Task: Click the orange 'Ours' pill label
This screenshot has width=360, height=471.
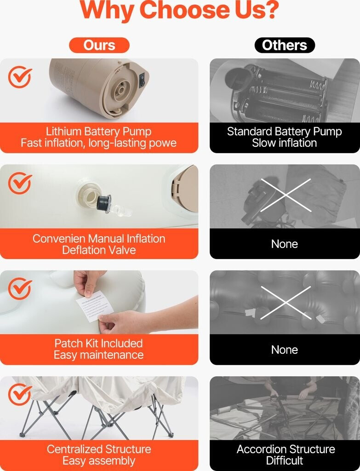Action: [x=99, y=45]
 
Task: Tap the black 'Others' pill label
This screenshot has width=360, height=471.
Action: [x=285, y=45]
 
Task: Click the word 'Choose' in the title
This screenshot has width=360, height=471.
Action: [x=185, y=10]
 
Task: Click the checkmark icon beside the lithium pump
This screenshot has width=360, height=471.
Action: [x=20, y=77]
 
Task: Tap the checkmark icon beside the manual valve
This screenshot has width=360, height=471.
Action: [x=20, y=183]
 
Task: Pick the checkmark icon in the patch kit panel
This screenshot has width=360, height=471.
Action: [x=20, y=289]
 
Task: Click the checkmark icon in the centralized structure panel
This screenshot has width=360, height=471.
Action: [x=20, y=395]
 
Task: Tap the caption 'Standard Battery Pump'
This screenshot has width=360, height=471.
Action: [x=284, y=132]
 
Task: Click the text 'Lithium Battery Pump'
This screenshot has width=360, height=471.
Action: [x=98, y=132]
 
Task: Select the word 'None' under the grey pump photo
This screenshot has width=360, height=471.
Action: [x=284, y=244]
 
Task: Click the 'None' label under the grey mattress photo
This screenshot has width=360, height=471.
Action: [x=284, y=350]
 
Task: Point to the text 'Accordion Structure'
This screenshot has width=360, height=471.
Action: [x=286, y=449]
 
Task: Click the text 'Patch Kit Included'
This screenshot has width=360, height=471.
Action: [x=98, y=343]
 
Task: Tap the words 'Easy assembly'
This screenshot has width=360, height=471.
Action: [x=99, y=461]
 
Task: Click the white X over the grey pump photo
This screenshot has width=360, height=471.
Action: [x=286, y=195]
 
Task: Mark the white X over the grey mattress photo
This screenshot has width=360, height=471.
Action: [x=286, y=303]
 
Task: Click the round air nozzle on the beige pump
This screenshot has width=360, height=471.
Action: [x=121, y=90]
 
